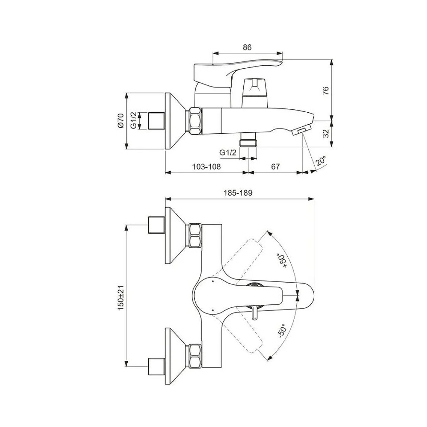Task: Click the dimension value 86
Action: tap(247, 47)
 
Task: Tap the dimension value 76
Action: tap(326, 91)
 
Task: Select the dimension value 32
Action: tap(326, 133)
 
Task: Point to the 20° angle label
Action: tap(321, 161)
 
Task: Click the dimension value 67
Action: tap(275, 167)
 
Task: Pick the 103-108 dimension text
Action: tap(206, 167)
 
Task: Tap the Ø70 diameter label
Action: tap(121, 121)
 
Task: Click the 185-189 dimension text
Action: tap(238, 193)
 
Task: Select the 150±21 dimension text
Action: tap(121, 298)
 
